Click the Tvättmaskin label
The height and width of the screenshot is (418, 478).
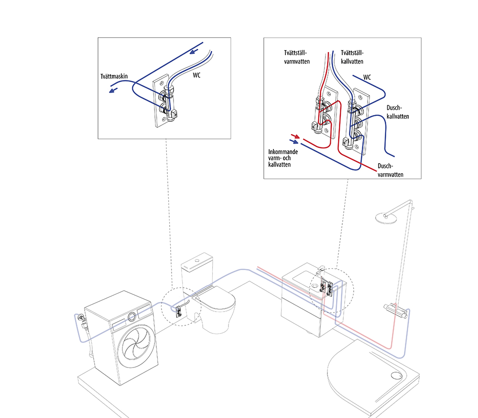click(x=114, y=76)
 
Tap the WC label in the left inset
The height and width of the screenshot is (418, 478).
click(x=196, y=75)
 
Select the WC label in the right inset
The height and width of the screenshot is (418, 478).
click(x=367, y=77)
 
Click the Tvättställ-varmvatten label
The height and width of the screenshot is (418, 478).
click(x=297, y=57)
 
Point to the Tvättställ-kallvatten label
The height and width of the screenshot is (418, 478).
click(x=352, y=57)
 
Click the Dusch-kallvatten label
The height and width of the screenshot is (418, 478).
click(x=398, y=112)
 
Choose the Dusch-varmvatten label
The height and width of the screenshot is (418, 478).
click(x=390, y=170)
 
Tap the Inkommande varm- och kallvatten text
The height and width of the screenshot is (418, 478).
click(x=283, y=158)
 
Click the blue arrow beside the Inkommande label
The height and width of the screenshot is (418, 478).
click(x=294, y=141)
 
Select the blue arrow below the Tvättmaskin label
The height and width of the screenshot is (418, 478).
click(x=113, y=90)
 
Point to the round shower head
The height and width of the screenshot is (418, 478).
click(x=386, y=218)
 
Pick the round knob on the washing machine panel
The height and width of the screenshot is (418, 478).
click(x=132, y=316)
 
